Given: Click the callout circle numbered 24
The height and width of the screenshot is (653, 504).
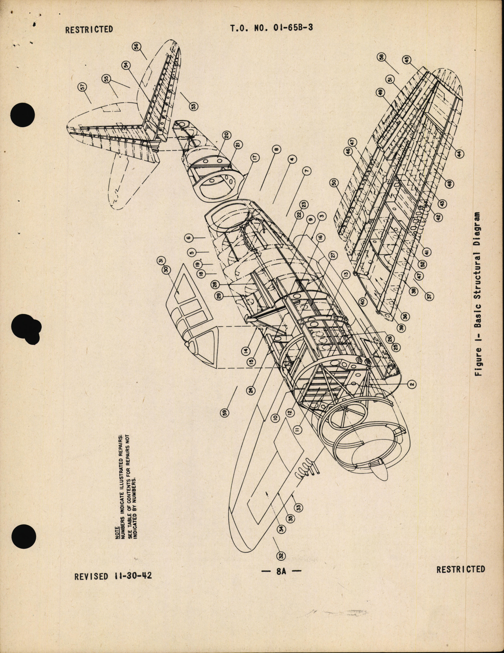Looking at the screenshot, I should pyautogui.click(x=251, y=389).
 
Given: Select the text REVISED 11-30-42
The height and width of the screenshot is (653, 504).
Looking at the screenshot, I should pyautogui.click(x=113, y=576).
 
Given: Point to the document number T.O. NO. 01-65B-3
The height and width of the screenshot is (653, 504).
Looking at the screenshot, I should pyautogui.click(x=271, y=29).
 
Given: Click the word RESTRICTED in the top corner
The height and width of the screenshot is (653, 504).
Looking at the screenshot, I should pyautogui.click(x=89, y=29).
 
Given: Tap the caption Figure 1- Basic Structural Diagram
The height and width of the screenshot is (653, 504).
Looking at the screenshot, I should pyautogui.click(x=478, y=294).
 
